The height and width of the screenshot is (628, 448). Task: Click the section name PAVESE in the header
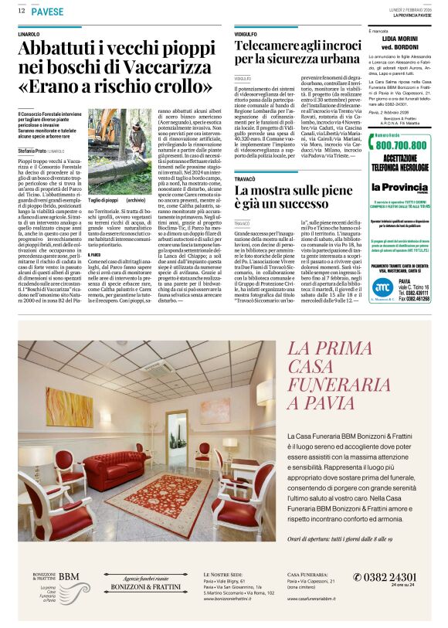tap(48, 12)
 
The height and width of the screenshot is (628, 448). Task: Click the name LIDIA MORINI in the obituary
tap(399, 37)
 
